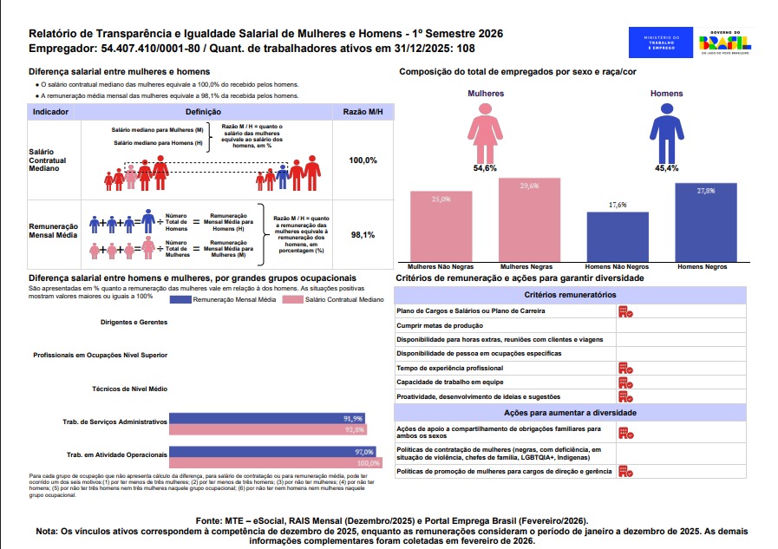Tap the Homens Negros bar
click(705, 221)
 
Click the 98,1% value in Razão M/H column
click(363, 235)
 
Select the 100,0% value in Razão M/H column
click(363, 160)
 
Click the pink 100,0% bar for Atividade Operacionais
click(275, 463)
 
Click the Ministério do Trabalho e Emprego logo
click(661, 42)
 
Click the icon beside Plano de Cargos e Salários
click(624, 311)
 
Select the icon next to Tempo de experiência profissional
click(624, 368)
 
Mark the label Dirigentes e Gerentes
click(134, 323)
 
